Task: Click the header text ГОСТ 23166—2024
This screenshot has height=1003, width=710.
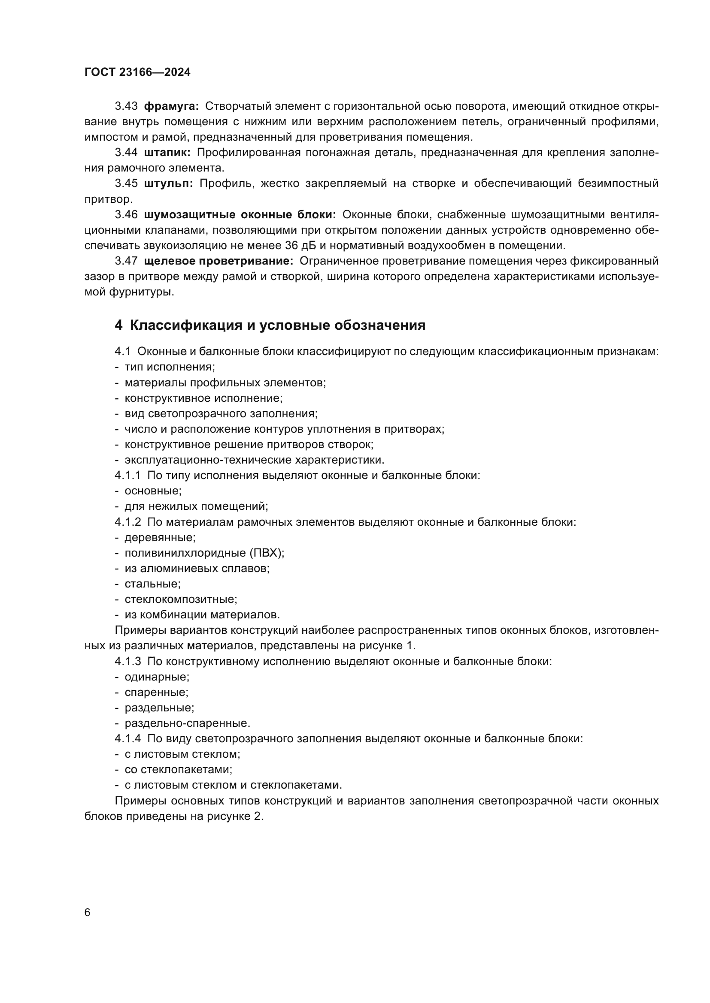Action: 137,72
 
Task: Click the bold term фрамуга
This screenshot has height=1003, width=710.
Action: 171,106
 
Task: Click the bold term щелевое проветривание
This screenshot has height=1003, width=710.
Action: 218,261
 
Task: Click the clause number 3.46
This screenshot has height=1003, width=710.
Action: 126,214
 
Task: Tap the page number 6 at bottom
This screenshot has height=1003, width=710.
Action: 88,913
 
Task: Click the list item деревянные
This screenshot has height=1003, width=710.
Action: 160,537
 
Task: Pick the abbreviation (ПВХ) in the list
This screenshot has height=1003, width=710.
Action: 267,553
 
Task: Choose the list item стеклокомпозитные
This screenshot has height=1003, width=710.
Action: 181,599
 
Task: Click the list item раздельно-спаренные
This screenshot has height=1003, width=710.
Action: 187,723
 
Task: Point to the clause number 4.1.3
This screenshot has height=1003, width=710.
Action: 127,661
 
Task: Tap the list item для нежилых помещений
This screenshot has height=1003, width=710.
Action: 196,506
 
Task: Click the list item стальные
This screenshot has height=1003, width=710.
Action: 152,584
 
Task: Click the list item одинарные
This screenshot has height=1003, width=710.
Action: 157,677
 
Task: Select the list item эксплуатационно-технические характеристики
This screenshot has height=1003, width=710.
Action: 255,460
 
